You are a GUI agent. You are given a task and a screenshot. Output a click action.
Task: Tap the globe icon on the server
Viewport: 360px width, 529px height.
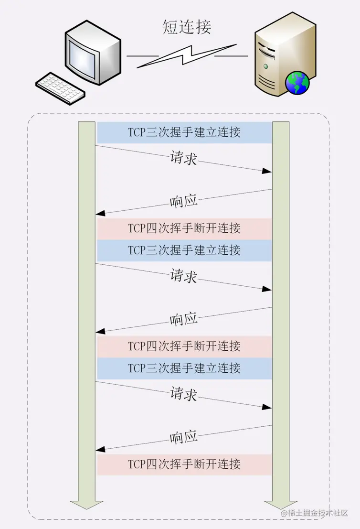coord(297,83)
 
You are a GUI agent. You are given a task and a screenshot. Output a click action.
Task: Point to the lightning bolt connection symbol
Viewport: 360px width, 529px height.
coord(186,56)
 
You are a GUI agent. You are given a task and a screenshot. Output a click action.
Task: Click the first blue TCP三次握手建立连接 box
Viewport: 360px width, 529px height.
coord(184,132)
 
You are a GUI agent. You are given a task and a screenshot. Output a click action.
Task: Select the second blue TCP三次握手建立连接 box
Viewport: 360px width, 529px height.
coord(184,250)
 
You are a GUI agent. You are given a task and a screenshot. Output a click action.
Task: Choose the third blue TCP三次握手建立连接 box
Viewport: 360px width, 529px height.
coord(184,368)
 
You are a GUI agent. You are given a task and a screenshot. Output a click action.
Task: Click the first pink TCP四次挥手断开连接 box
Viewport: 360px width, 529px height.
coord(184,228)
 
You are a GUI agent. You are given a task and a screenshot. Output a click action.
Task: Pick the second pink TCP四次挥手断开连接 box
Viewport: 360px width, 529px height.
coord(184,346)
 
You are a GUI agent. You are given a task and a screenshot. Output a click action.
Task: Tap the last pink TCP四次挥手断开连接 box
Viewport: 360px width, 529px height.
coord(184,464)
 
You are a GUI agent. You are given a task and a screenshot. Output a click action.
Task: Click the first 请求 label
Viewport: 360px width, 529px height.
coord(184,158)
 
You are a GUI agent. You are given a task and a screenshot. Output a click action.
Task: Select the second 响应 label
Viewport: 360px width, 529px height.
coord(184,319)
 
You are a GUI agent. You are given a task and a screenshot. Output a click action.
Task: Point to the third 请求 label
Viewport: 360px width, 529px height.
coord(184,394)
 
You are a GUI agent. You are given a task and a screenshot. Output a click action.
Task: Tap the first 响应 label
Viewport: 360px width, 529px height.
coord(184,201)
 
